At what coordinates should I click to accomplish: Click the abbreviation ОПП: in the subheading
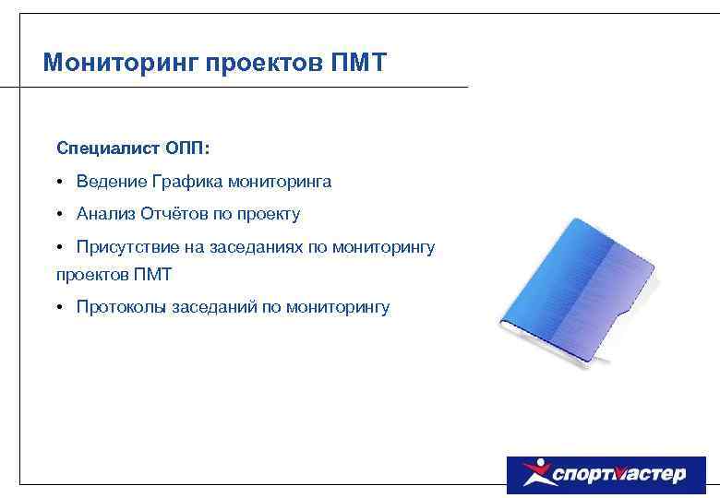tap(188, 148)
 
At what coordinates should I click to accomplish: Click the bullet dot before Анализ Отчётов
tap(57, 214)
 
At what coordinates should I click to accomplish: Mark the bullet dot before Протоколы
tap(57, 307)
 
